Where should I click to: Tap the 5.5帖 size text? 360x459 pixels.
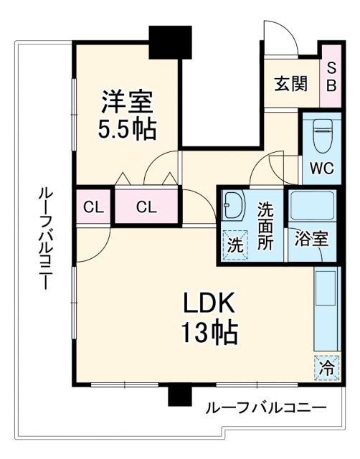pos(125,129)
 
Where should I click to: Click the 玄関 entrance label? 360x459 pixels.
pos(290,84)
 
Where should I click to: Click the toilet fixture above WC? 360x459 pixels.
pos(321,136)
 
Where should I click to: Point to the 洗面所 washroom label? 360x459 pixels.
pos(265,227)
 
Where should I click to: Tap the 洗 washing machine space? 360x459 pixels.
pos(234,242)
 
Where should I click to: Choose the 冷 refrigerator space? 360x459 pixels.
pos(325,369)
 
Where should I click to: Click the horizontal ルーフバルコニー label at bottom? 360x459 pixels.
pos(265,408)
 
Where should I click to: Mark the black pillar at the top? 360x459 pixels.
pos(170,42)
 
